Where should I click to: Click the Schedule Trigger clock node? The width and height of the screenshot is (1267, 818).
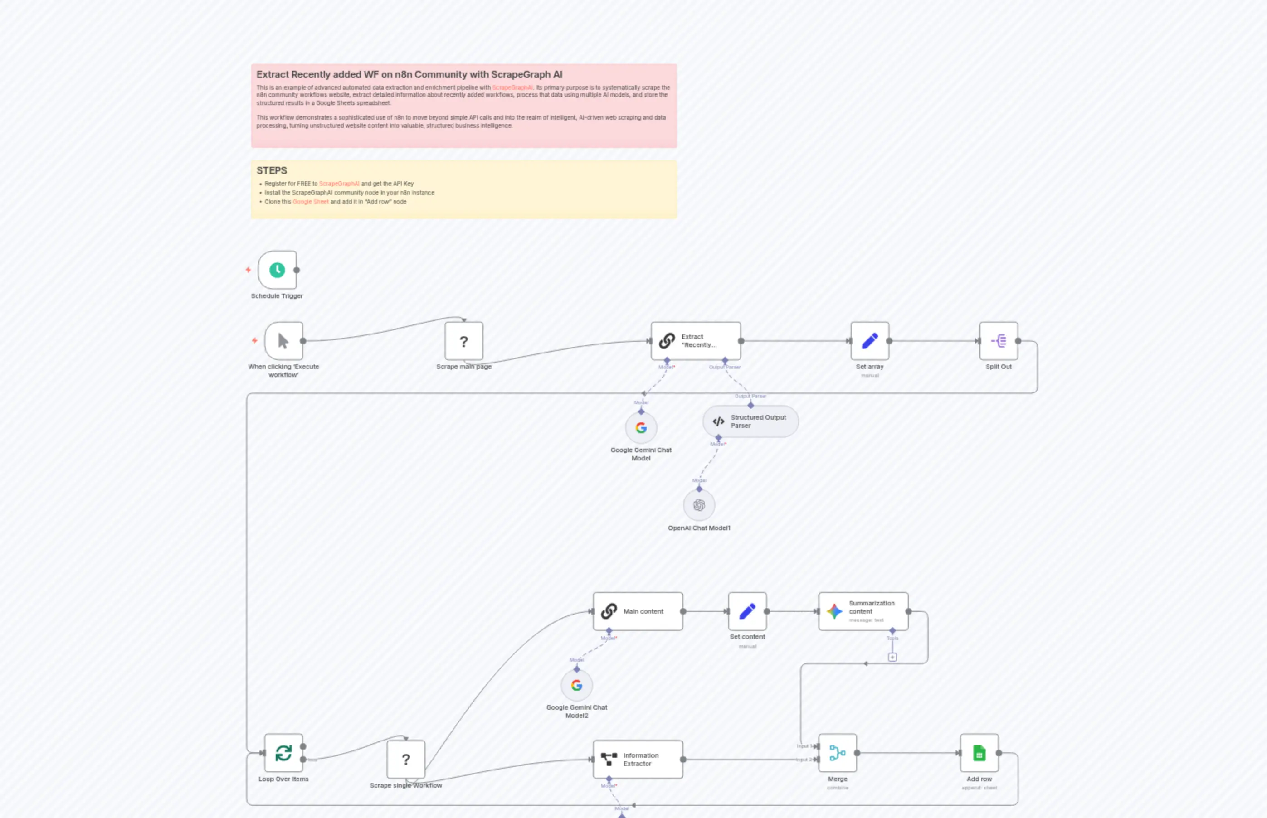pyautogui.click(x=277, y=270)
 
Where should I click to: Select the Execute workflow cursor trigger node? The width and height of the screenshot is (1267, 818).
pyautogui.click(x=283, y=341)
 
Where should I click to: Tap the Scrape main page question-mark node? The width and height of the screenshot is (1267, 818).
pyautogui.click(x=463, y=341)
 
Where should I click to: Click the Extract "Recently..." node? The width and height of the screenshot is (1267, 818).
pyautogui.click(x=695, y=341)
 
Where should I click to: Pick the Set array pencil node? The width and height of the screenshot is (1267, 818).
pyautogui.click(x=869, y=341)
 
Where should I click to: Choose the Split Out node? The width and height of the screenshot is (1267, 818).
pyautogui.click(x=998, y=341)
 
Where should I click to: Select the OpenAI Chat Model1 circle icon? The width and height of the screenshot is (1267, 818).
pyautogui.click(x=699, y=505)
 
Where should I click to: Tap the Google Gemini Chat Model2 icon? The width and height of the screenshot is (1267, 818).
pyautogui.click(x=577, y=686)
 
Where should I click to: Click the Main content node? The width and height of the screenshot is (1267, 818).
pyautogui.click(x=637, y=611)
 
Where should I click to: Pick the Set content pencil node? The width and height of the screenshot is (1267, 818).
pyautogui.click(x=747, y=611)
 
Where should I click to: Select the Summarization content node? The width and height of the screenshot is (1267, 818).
pyautogui.click(x=863, y=611)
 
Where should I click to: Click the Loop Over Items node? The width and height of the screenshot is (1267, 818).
pyautogui.click(x=283, y=753)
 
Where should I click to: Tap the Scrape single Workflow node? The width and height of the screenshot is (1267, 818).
pyautogui.click(x=405, y=760)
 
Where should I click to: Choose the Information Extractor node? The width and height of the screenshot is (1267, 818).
pyautogui.click(x=637, y=760)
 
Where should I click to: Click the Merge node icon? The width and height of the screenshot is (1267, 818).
pyautogui.click(x=837, y=753)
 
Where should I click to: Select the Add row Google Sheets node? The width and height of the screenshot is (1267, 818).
pyautogui.click(x=979, y=753)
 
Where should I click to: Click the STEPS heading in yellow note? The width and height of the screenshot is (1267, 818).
pyautogui.click(x=272, y=170)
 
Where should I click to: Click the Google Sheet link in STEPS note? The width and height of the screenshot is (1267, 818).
pyautogui.click(x=310, y=202)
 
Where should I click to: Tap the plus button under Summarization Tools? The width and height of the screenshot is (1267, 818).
pyautogui.click(x=892, y=658)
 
